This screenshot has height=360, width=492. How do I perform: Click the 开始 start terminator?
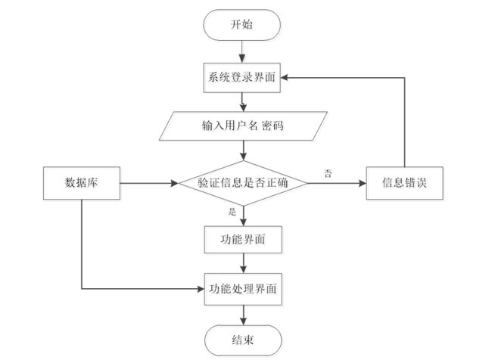(x=242, y=25)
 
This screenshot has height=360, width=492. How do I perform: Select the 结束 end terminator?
(x=243, y=340)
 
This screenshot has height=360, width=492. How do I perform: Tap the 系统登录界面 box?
(x=242, y=78)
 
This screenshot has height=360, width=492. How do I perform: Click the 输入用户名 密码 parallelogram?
(x=243, y=126)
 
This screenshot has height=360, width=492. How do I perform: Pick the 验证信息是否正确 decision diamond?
(x=243, y=183)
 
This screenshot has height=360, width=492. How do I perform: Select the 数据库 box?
(x=82, y=183)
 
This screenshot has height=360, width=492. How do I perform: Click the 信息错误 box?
(x=405, y=183)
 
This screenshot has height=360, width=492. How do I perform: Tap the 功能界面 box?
(x=243, y=240)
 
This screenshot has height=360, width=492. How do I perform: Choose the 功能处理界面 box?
(x=243, y=289)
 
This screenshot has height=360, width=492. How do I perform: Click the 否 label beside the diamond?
(x=328, y=173)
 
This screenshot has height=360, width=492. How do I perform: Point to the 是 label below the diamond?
(x=232, y=212)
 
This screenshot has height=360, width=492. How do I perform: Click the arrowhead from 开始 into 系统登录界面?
(x=242, y=59)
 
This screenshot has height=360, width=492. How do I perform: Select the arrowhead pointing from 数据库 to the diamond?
(x=174, y=183)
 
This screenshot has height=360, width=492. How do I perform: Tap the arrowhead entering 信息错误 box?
(x=362, y=183)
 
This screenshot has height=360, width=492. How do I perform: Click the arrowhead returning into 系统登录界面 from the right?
(x=285, y=78)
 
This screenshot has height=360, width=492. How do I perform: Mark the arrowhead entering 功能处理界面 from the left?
(x=200, y=289)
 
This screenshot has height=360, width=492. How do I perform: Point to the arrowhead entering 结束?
(x=243, y=321)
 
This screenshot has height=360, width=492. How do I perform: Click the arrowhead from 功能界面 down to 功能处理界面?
(x=243, y=268)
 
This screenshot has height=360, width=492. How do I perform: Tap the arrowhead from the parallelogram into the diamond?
(x=243, y=157)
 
